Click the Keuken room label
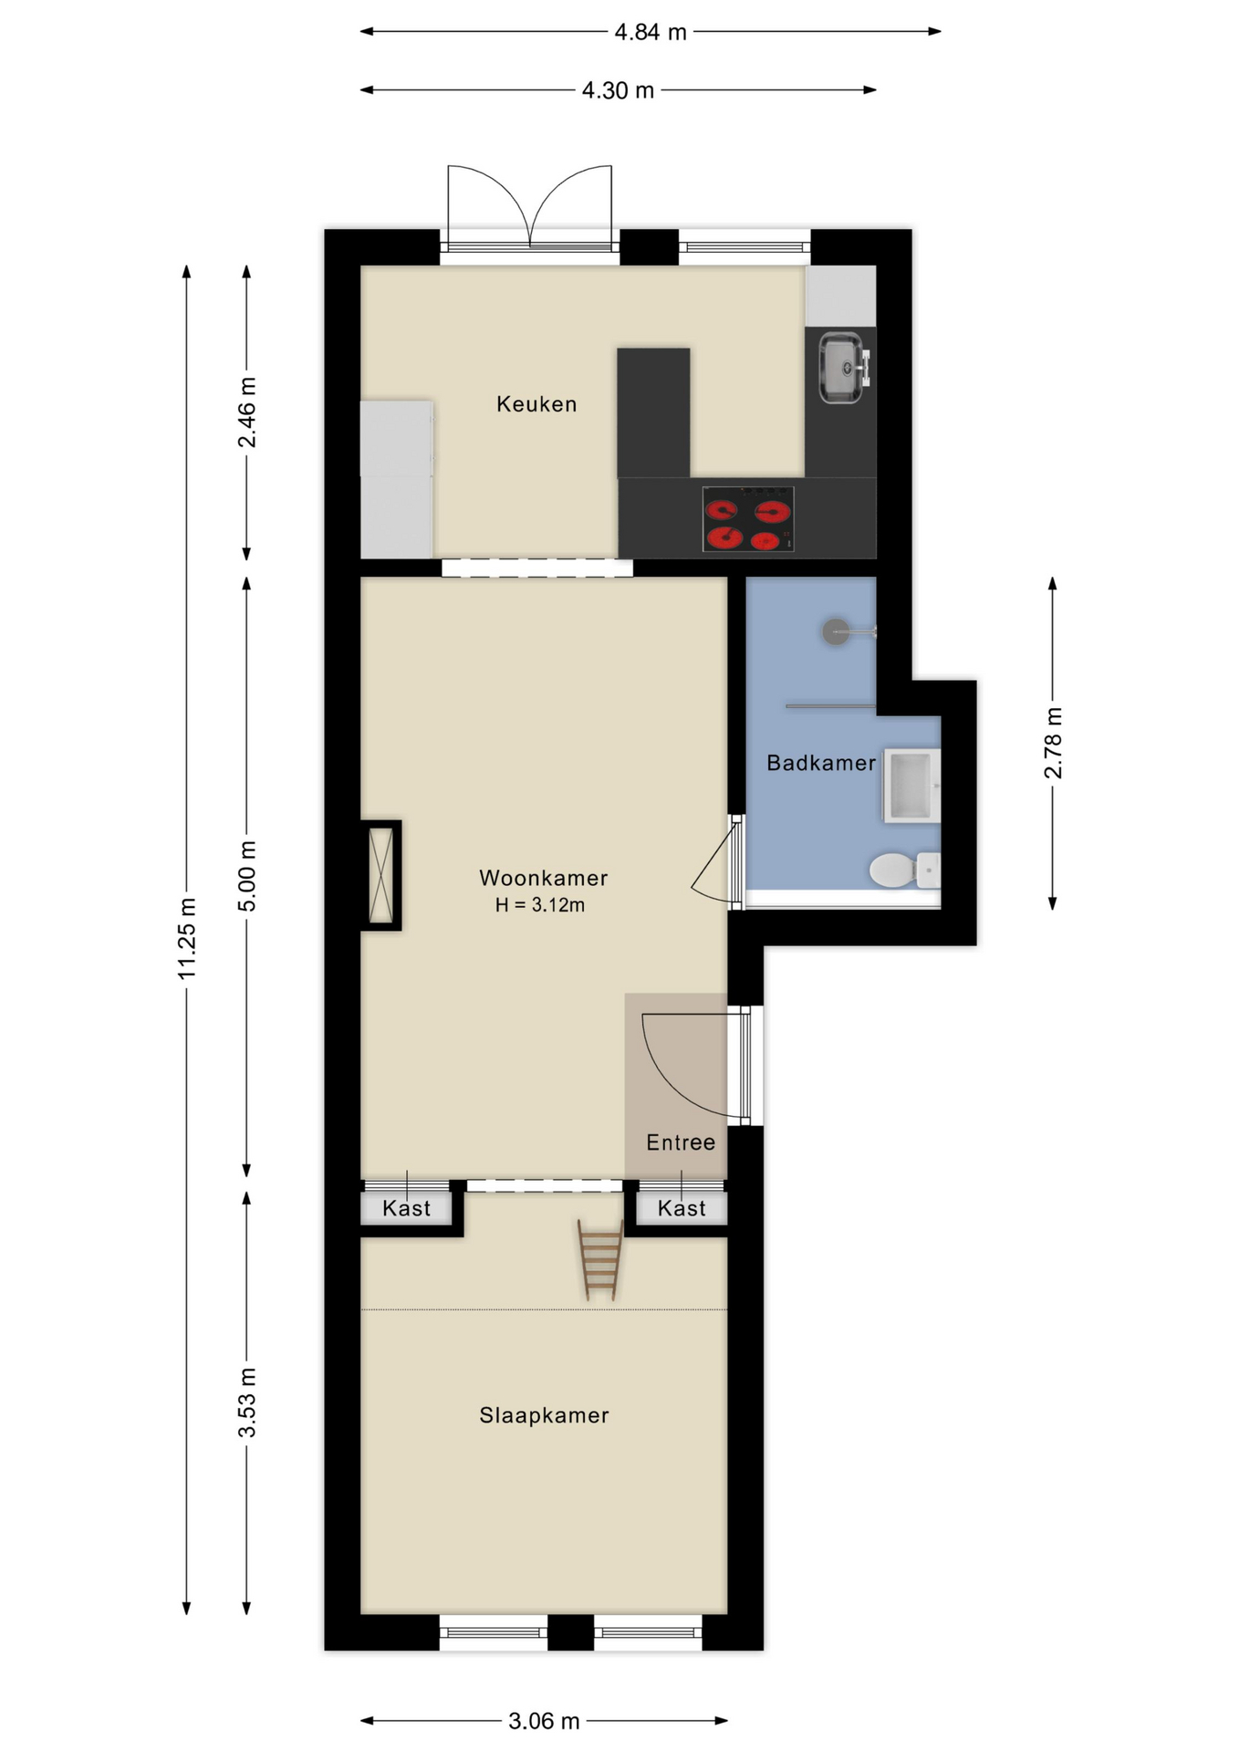pos(536,404)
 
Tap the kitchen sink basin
pos(839,368)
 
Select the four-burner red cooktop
pos(747,519)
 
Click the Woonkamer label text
pos(543,878)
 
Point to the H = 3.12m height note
pos(540,905)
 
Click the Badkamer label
pos(820,763)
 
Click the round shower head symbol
pos(836,631)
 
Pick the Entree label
pos(681,1142)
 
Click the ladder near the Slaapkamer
pos(600,1260)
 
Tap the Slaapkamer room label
pos(544,1415)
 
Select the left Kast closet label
pos(406,1209)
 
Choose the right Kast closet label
pos(682,1209)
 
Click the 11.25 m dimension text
pos(187,939)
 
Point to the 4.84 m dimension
pos(650,33)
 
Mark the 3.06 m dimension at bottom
pos(544,1721)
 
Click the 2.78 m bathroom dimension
pos(1053,743)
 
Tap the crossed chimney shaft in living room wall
pos(380,875)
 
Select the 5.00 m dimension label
pos(247,876)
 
